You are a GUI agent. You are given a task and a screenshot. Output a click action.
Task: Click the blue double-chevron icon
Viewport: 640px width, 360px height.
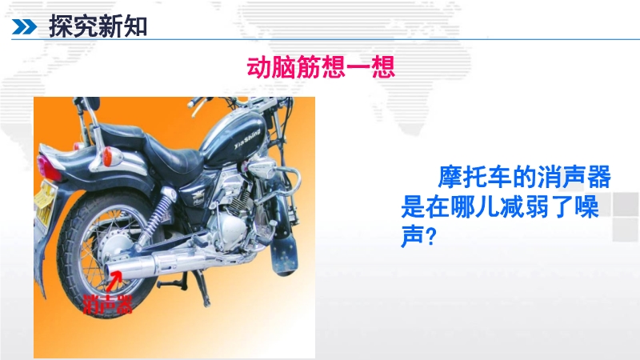click(x=24, y=27)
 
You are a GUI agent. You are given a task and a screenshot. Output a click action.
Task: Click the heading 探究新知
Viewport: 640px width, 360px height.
click(x=98, y=26)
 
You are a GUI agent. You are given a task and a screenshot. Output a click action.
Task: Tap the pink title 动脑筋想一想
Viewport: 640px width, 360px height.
click(x=321, y=67)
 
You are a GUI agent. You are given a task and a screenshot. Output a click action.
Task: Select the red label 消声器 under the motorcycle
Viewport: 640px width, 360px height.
click(x=108, y=304)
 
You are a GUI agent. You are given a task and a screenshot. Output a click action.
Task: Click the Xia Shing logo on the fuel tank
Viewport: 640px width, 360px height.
click(x=247, y=138)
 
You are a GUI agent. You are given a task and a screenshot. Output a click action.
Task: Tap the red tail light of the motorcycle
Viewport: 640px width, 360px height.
click(x=47, y=166)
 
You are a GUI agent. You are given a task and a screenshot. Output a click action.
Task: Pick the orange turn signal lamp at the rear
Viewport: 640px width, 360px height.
click(x=108, y=157)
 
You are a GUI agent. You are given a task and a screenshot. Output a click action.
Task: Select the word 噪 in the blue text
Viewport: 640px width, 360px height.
click(x=586, y=206)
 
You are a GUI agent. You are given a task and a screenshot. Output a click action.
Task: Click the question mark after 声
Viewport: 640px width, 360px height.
click(x=431, y=236)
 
